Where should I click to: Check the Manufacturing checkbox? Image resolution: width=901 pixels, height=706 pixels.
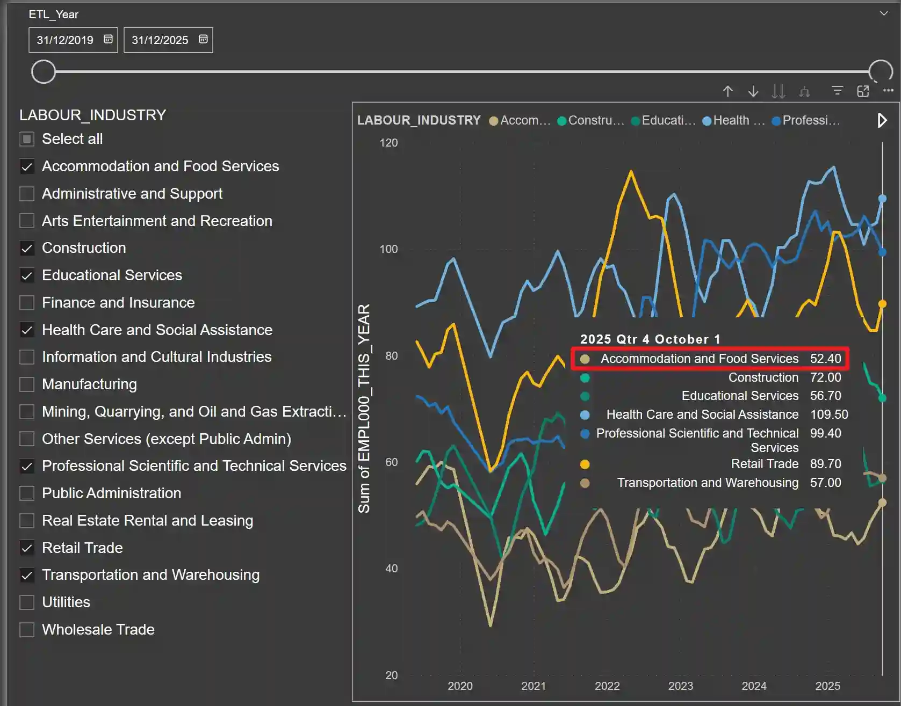pyautogui.click(x=27, y=384)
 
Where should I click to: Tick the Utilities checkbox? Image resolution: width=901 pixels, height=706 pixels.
pyautogui.click(x=27, y=602)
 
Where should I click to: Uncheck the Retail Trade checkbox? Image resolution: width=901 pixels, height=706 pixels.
pyautogui.click(x=27, y=548)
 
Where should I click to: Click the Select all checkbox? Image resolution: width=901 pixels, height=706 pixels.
pyautogui.click(x=27, y=139)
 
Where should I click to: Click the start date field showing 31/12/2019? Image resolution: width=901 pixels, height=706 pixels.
pyautogui.click(x=65, y=40)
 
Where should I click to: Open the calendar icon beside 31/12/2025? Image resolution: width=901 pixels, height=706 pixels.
pyautogui.click(x=203, y=39)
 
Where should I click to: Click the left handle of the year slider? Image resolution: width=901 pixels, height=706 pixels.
pyautogui.click(x=44, y=71)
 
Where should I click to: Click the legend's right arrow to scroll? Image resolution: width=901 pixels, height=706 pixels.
pyautogui.click(x=882, y=120)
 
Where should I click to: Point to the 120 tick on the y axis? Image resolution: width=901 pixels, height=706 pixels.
pyautogui.click(x=388, y=143)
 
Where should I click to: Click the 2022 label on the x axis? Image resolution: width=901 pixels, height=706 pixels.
pyautogui.click(x=607, y=686)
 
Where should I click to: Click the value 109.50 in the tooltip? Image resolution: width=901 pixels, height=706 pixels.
pyautogui.click(x=828, y=414)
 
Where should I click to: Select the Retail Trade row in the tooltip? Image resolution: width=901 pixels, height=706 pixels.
pyautogui.click(x=764, y=464)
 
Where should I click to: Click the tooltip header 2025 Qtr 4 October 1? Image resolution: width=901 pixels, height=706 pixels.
pyautogui.click(x=650, y=339)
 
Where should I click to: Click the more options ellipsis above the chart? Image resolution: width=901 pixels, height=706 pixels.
pyautogui.click(x=888, y=91)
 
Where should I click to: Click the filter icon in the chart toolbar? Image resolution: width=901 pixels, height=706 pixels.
pyautogui.click(x=837, y=91)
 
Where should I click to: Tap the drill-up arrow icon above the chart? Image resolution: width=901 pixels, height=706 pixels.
pyautogui.click(x=727, y=91)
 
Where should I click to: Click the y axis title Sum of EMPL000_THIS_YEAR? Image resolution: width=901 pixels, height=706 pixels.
pyautogui.click(x=364, y=408)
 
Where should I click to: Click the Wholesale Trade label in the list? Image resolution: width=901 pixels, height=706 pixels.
pyautogui.click(x=98, y=629)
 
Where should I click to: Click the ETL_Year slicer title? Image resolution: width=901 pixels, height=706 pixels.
pyautogui.click(x=53, y=14)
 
